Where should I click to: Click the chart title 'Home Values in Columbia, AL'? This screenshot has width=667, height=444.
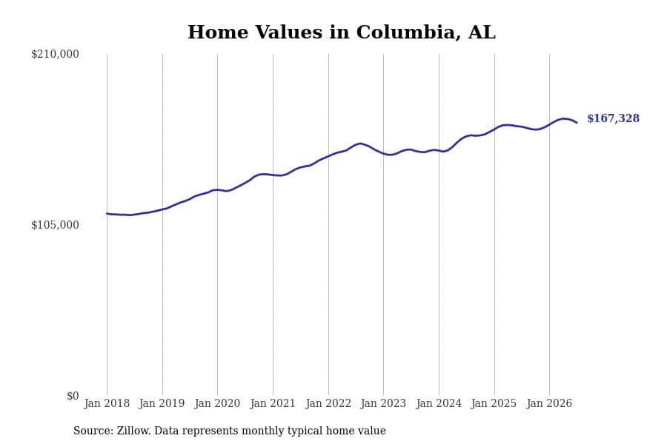342,33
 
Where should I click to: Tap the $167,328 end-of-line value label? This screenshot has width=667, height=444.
613,118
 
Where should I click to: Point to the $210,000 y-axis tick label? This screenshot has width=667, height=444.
55,54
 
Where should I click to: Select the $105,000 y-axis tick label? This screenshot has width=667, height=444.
55,225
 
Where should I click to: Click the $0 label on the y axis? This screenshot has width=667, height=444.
73,396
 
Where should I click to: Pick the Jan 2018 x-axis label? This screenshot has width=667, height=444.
107,403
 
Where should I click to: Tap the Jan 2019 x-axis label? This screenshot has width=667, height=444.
162,403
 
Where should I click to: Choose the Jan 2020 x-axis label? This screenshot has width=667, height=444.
217,403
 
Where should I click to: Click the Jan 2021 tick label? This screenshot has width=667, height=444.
273,403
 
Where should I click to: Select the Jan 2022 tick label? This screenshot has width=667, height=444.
328,403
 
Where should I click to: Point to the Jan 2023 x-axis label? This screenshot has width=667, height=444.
383,403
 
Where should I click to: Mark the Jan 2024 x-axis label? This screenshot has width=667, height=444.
439,403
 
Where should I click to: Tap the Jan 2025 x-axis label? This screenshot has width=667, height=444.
494,403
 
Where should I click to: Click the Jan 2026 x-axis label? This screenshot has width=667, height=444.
549,403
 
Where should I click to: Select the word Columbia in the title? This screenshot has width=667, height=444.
408,33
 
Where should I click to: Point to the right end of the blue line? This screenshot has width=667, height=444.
577,122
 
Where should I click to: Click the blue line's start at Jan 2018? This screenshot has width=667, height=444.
107,214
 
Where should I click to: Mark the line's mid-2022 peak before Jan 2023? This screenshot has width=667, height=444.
360,144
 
